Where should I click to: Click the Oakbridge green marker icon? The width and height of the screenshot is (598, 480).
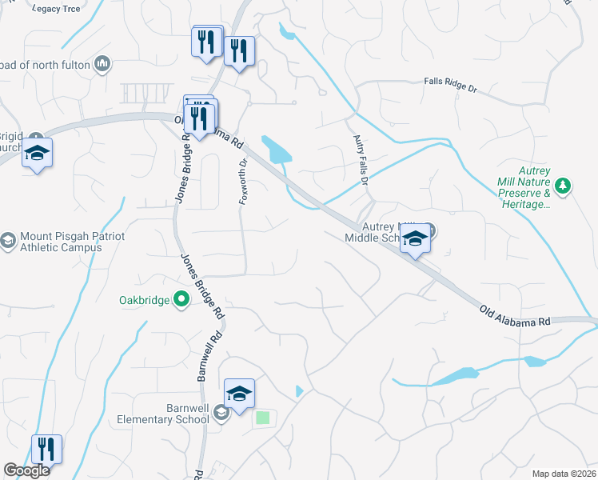[x=181, y=300]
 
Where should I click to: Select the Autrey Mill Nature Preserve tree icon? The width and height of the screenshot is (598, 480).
[x=564, y=186]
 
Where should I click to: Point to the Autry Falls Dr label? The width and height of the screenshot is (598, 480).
[x=360, y=161]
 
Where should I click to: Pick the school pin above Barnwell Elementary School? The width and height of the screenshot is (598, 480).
[x=238, y=394]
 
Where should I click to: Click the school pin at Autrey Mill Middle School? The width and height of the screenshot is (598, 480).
[x=415, y=239]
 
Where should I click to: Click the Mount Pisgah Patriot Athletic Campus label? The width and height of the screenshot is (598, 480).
[x=62, y=242]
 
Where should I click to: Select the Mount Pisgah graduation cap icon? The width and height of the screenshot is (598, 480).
[x=8, y=241]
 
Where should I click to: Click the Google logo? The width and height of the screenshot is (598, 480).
[x=26, y=470]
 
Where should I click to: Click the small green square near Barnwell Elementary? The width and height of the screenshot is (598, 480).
[x=261, y=417]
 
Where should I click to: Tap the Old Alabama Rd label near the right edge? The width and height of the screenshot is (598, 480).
[x=516, y=314]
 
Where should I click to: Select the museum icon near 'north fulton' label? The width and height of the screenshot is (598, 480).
[x=102, y=64]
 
